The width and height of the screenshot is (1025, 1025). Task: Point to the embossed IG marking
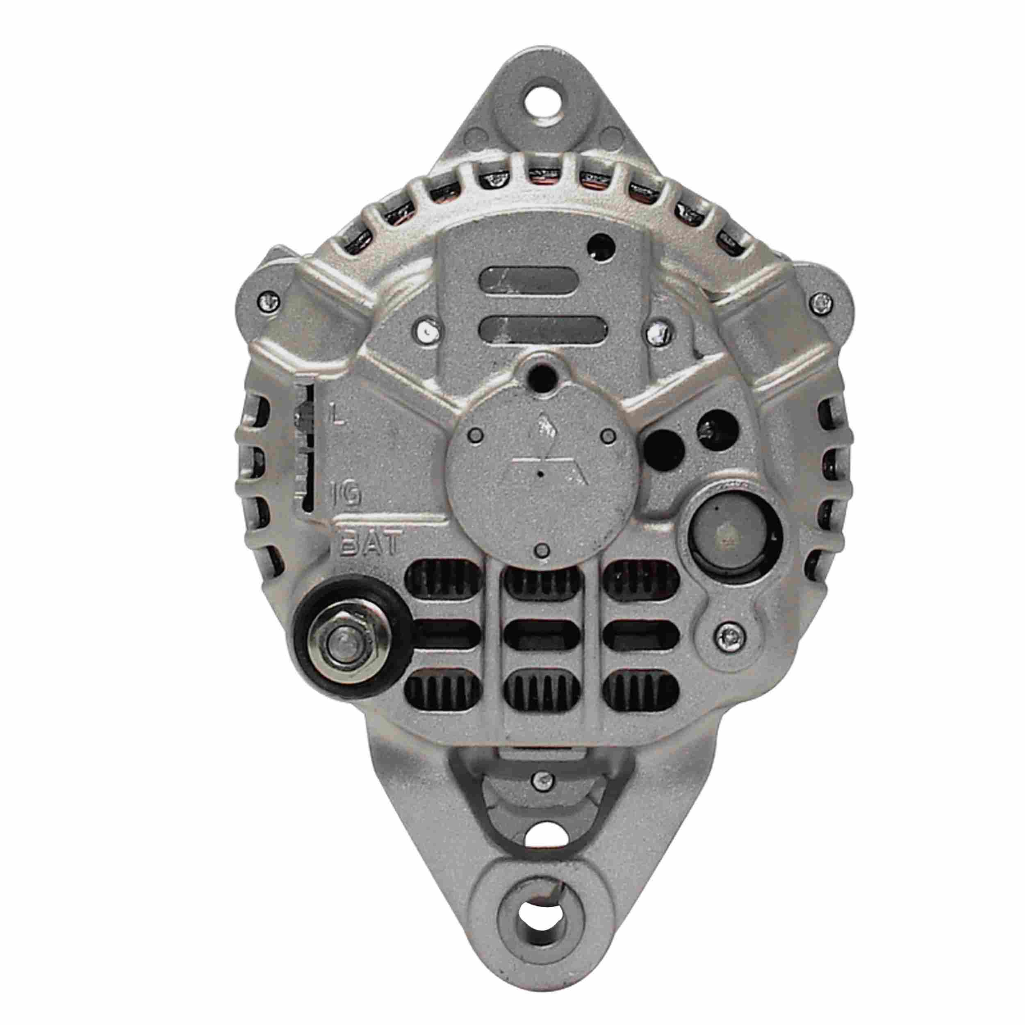click(x=346, y=494)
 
